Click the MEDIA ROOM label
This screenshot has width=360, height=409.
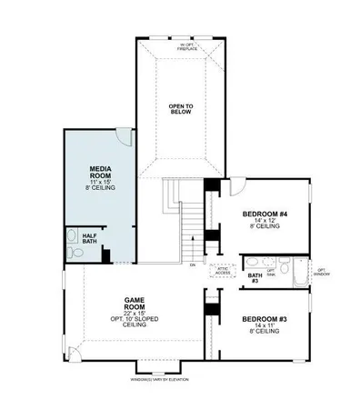click(99, 173)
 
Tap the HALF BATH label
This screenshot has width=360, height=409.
click(90, 238)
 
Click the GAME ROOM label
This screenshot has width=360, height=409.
click(135, 302)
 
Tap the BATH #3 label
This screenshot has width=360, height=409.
click(255, 275)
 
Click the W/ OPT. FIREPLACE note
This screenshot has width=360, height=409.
click(188, 46)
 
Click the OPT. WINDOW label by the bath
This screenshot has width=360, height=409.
click(321, 272)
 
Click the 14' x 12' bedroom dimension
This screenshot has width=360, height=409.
click(264, 222)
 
